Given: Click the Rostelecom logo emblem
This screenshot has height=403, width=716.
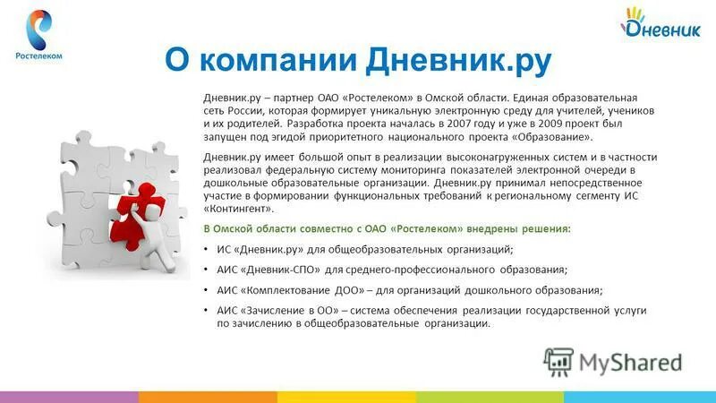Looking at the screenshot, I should pos(38,26).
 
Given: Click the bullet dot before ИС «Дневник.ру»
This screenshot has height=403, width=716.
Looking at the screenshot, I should pos(208,250).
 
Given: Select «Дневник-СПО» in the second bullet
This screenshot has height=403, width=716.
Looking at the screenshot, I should pos(280,270).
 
